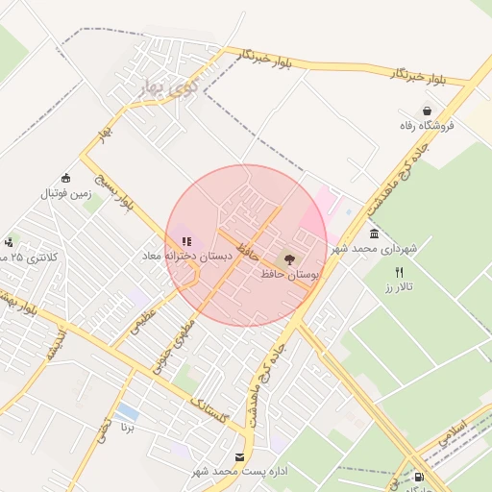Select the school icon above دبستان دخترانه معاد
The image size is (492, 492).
[185, 241]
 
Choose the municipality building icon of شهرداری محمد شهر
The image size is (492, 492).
[374, 234]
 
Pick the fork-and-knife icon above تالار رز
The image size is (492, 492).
[400, 272]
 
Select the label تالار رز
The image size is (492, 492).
[397, 287]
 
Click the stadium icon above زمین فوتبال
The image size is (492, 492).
[65, 177]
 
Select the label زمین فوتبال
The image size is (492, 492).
[64, 193]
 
